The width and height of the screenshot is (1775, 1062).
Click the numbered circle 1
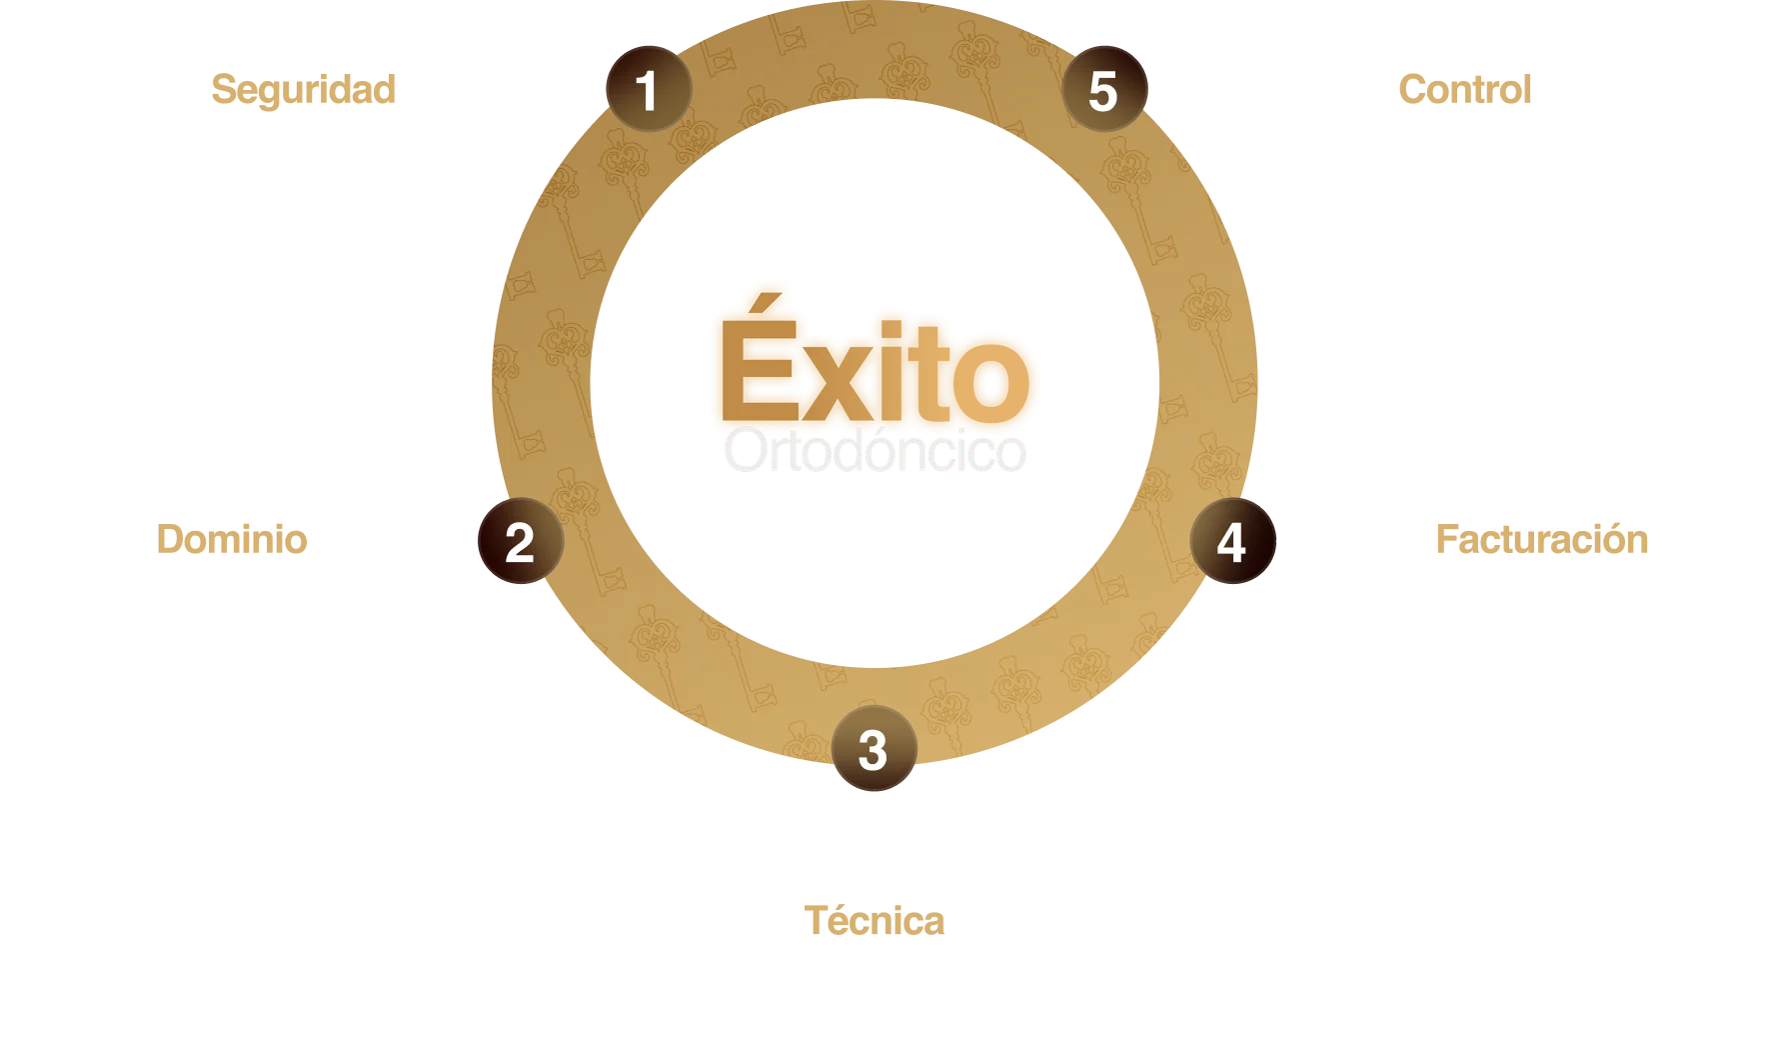pos(649,91)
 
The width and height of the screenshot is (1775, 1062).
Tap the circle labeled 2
pos(520,543)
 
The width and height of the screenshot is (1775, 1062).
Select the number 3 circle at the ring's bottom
pos(874,750)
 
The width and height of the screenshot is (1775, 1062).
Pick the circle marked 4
pos(1231,543)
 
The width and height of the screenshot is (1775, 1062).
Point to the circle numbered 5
pos(1102,91)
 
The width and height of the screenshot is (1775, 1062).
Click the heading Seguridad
pos(304,89)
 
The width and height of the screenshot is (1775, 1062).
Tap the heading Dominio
pos(231,541)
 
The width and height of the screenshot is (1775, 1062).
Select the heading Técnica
pos(872,919)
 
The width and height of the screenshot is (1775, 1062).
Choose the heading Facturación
pos(1542,541)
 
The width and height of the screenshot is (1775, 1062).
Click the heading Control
pos(1465,89)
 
